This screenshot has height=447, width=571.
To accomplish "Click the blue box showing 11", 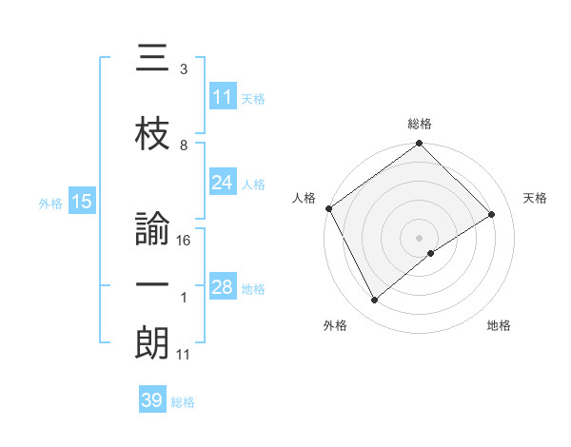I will (x=223, y=97).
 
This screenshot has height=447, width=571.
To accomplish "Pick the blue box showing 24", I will (x=223, y=183).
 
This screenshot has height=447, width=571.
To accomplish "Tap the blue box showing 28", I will (x=223, y=287).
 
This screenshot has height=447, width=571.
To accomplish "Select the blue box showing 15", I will (x=81, y=202).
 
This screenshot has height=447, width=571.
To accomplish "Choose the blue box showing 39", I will (x=152, y=400).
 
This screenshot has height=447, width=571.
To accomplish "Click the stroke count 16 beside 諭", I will (x=185, y=242).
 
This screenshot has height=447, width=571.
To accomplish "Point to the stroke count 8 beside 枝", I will (x=184, y=146).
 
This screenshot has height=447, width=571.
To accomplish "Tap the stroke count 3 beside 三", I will (x=184, y=69).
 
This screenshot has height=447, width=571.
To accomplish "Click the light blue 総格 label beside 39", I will (x=183, y=402).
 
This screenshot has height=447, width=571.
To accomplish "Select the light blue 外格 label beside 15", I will (x=50, y=203).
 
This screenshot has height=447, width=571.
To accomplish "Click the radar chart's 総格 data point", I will (x=419, y=144).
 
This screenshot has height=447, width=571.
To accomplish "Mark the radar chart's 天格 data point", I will (x=492, y=214).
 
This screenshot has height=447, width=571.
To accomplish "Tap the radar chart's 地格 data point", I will (x=431, y=253).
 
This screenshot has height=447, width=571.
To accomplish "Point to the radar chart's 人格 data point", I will (x=328, y=208).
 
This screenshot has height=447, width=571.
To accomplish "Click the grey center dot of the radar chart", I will (x=419, y=236).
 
